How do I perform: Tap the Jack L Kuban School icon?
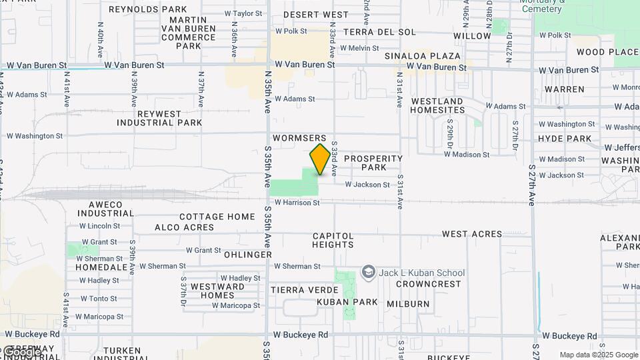coord(368,272)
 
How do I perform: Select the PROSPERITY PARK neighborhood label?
coord(373,163)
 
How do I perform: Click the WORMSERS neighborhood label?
coord(300,138)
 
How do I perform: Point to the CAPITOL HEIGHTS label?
coord(333,240)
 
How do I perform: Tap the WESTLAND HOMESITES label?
coord(437,105)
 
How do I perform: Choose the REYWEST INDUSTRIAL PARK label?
coord(159,118)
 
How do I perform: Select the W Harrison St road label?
coord(297,202)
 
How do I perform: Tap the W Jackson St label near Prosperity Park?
coord(367,185)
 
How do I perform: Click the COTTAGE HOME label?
coord(217,217)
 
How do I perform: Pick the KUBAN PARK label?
coord(347,302)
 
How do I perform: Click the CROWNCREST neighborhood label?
coord(429,284)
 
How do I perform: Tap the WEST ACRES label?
coord(472,234)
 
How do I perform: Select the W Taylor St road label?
coord(243,13)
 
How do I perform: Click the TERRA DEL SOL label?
coord(379,32)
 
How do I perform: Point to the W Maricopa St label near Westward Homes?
coord(236,305)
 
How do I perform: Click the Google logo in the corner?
coord(20,352)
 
